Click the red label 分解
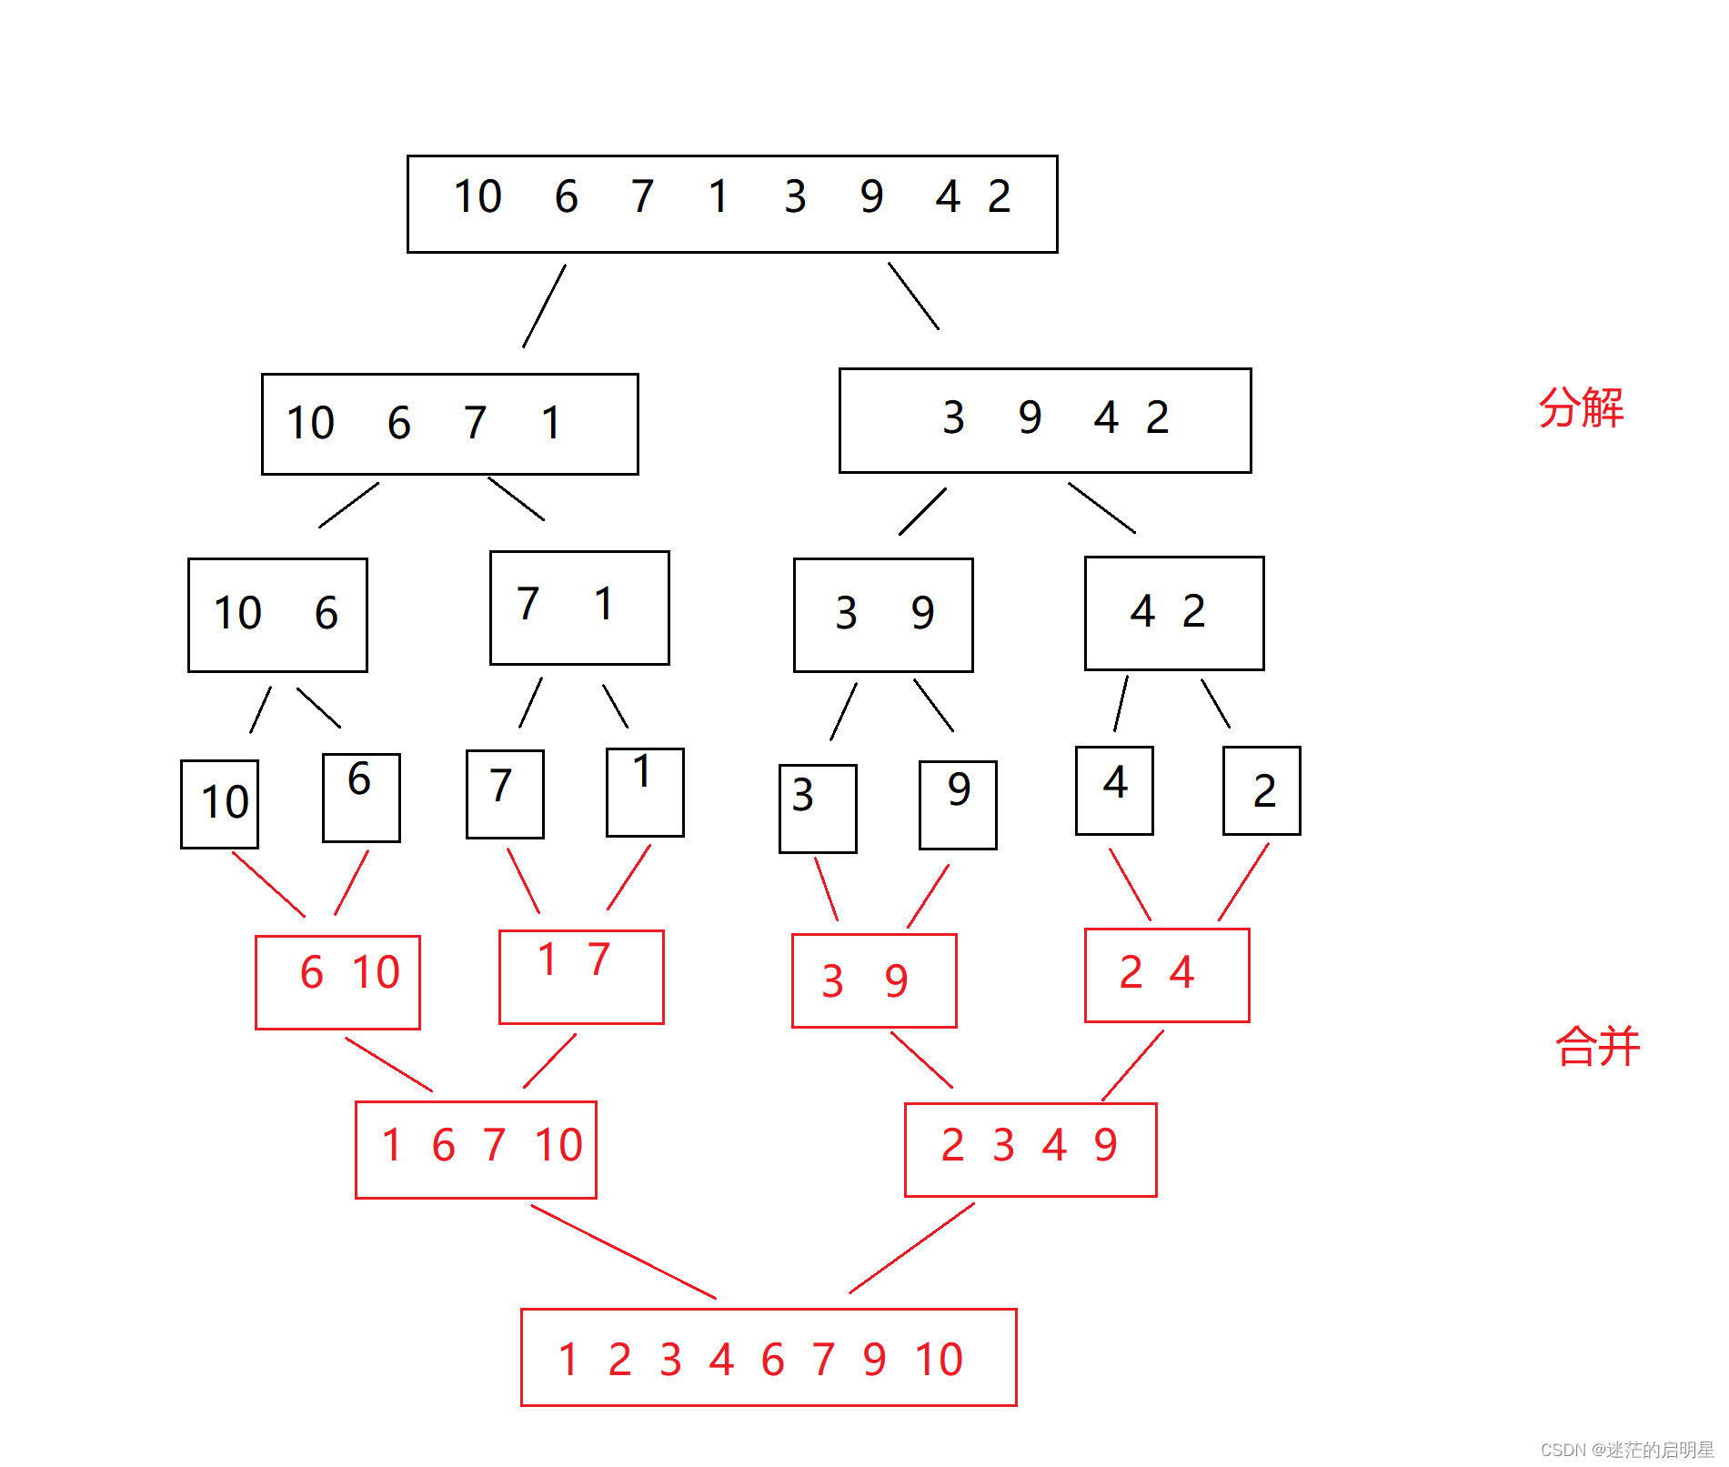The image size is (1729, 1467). click(x=1581, y=407)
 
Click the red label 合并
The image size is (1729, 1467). click(x=1597, y=1046)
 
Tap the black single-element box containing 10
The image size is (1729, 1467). click(x=219, y=804)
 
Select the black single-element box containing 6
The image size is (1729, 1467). click(x=361, y=798)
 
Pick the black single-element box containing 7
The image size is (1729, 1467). click(x=505, y=794)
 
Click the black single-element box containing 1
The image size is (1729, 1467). click(x=645, y=792)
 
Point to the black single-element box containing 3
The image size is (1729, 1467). click(x=818, y=809)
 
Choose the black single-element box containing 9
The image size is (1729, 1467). click(x=958, y=805)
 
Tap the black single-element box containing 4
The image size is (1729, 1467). click(x=1114, y=790)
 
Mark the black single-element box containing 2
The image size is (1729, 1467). click(x=1262, y=790)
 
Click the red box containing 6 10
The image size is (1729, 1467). click(x=337, y=982)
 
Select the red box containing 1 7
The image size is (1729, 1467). click(x=581, y=977)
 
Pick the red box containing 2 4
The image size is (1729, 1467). click(x=1167, y=975)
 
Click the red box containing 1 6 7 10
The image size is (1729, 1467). click(x=476, y=1150)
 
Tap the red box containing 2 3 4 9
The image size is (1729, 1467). click(x=1030, y=1150)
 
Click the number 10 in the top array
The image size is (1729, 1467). click(x=477, y=196)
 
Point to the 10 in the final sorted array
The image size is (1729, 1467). click(x=939, y=1360)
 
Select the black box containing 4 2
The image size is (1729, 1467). click(x=1174, y=613)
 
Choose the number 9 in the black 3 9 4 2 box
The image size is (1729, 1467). click(x=1030, y=417)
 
